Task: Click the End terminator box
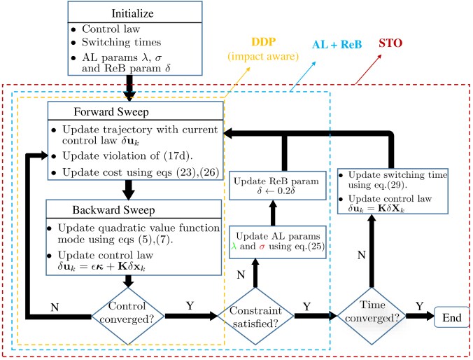451,317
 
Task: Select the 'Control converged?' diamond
128,316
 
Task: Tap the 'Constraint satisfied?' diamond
255,316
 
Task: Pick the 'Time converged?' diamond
372,316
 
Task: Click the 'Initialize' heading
132,13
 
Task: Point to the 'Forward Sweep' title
111,112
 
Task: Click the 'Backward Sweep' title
113,210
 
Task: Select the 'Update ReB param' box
278,186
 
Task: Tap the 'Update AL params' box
278,242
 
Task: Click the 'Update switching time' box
393,191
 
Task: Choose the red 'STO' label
390,43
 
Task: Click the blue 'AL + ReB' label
337,44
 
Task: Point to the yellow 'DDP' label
264,42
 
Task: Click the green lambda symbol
234,246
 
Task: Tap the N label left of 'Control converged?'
55,307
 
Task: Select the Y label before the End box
420,306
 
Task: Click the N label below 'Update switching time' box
361,255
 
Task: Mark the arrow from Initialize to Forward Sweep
129,88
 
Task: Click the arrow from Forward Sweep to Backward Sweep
129,190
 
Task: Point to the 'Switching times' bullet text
121,42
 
